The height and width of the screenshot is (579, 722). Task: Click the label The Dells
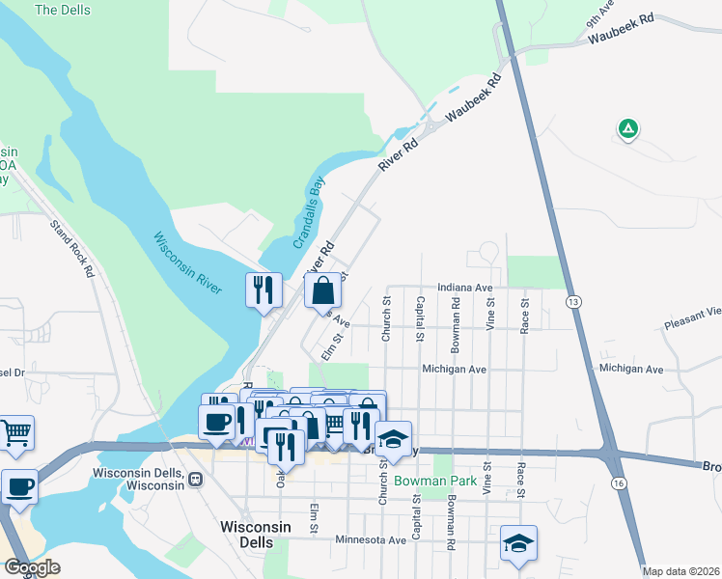(63, 10)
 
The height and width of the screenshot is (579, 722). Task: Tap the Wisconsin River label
(187, 262)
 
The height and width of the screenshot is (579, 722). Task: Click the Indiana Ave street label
(464, 288)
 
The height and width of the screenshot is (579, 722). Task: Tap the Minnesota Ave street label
(372, 540)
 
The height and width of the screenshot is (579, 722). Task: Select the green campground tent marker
(628, 127)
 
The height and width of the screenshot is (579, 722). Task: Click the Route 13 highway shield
(573, 302)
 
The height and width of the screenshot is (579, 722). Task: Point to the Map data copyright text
(681, 571)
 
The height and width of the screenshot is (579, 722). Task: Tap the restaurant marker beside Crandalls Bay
(264, 289)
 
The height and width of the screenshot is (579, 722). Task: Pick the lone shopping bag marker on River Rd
(322, 289)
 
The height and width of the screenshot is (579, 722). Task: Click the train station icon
(196, 479)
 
